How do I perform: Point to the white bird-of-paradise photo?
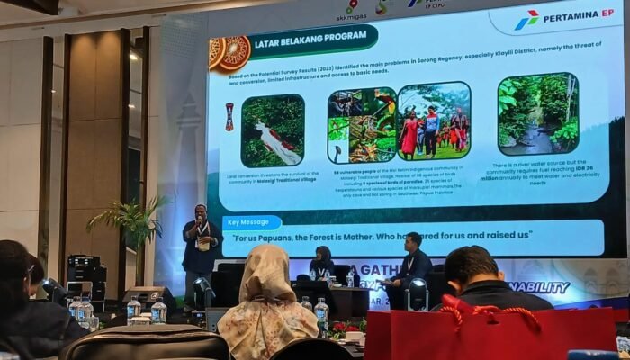272,130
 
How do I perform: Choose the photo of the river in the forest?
537,114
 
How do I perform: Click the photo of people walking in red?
433,124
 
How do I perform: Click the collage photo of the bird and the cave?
361,124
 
